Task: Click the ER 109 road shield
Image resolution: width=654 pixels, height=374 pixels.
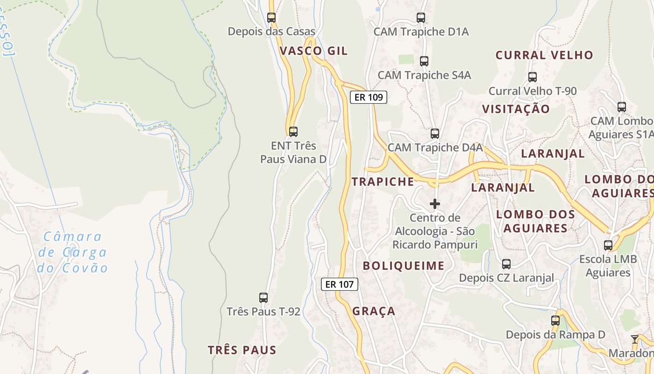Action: (368, 97)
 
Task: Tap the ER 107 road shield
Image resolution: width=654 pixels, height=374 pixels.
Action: (339, 284)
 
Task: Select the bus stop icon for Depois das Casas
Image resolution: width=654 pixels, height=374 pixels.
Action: (271, 18)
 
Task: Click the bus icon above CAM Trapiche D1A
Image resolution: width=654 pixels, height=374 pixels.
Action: (421, 18)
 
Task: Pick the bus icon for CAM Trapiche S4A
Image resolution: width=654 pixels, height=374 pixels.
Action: (424, 61)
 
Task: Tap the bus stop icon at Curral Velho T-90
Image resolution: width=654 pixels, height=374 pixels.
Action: (533, 77)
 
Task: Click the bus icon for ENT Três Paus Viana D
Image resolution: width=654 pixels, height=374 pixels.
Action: (293, 132)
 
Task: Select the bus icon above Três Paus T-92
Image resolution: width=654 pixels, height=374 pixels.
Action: (263, 297)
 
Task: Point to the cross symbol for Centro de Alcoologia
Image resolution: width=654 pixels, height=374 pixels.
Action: (435, 204)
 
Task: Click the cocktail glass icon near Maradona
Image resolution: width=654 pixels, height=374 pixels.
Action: (634, 339)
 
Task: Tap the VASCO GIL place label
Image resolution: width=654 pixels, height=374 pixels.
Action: (313, 51)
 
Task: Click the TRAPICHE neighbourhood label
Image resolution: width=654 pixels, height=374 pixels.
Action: (383, 182)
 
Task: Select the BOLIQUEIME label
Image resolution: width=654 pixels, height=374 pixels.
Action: (404, 266)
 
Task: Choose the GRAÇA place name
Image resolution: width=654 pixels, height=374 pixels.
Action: (374, 311)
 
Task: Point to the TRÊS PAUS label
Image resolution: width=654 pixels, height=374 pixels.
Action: (242, 350)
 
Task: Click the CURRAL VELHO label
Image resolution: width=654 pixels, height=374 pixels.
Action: (544, 55)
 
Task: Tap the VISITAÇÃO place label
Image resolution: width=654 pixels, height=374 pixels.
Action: (516, 109)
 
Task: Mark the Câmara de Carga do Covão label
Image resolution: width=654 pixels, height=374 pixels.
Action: (72, 252)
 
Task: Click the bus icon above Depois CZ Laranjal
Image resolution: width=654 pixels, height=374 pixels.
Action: (506, 264)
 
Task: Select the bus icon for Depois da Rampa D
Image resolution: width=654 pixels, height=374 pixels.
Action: (555, 321)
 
